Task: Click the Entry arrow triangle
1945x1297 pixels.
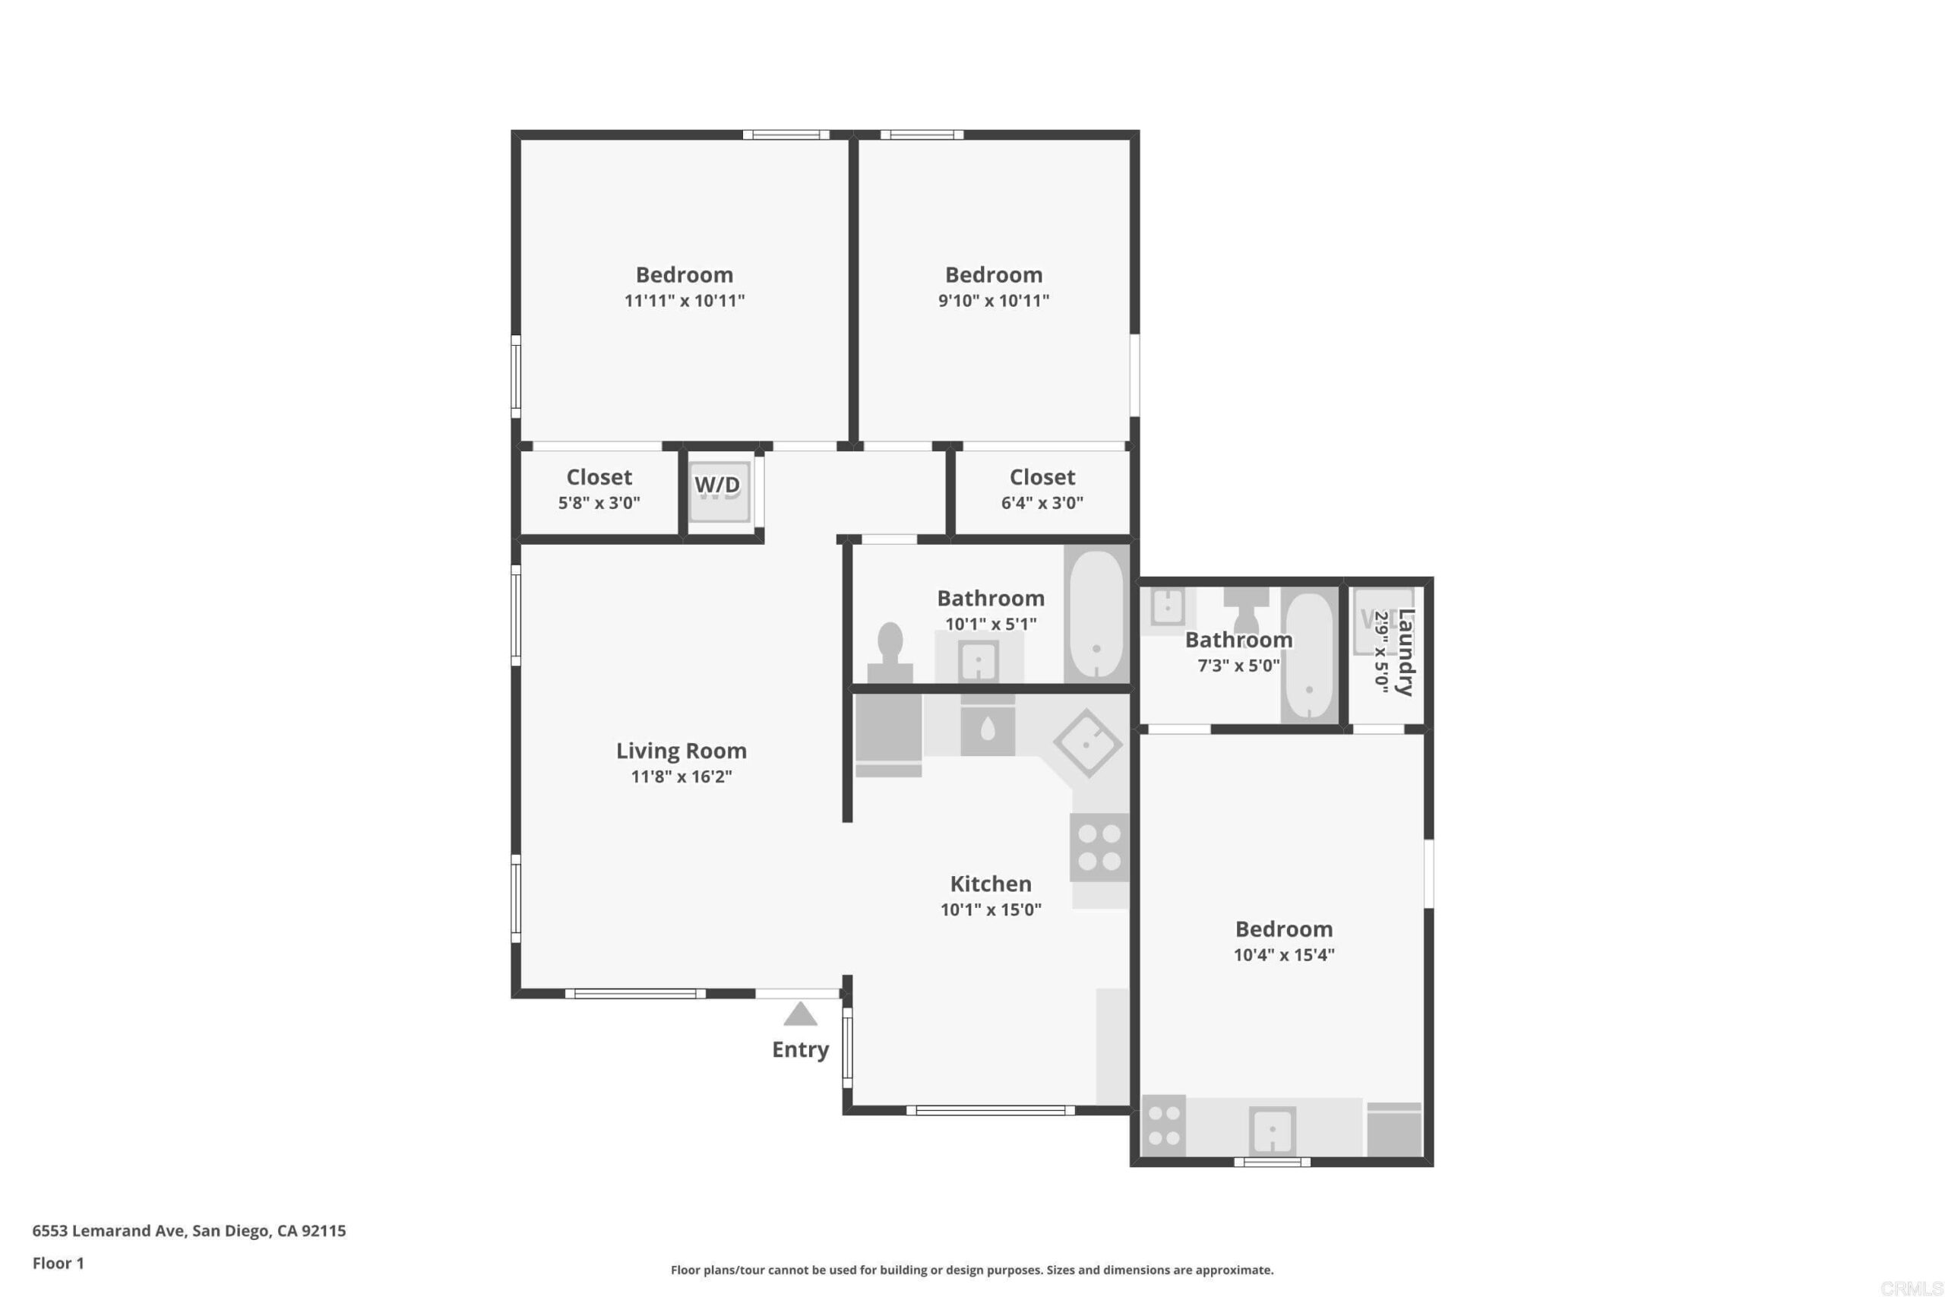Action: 800,1014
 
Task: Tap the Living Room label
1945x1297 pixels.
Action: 682,750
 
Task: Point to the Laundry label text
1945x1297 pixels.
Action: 1406,653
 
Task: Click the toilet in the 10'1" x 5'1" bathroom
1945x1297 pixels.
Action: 890,653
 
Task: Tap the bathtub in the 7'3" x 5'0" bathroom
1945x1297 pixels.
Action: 1308,656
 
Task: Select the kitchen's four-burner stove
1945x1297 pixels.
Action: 1100,848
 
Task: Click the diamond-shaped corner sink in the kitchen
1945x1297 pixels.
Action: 1087,743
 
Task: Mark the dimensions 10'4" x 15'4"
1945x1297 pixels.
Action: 1283,954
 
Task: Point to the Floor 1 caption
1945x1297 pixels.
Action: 58,1263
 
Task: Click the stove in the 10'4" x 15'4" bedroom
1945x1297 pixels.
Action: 1163,1126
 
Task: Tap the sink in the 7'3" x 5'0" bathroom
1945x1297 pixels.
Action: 1169,606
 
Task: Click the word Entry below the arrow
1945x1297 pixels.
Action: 801,1049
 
